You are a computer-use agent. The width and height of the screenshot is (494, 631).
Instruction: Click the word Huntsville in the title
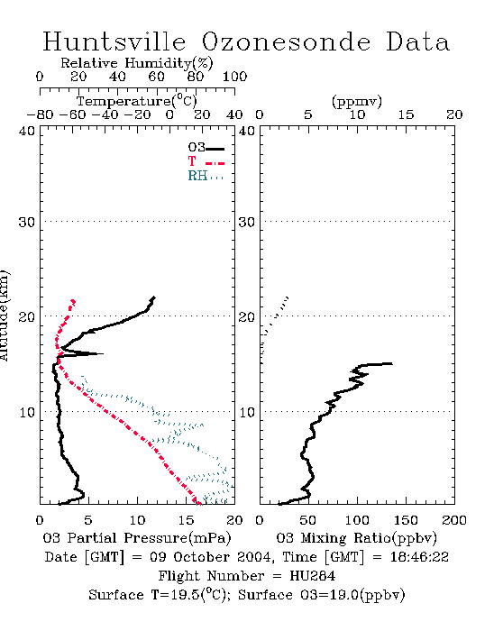[x=114, y=41]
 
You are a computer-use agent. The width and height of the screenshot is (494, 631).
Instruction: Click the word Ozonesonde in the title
[x=286, y=41]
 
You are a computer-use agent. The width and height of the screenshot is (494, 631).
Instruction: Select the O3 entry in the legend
[x=206, y=148]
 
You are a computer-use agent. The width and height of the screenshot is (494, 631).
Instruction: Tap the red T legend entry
[x=206, y=161]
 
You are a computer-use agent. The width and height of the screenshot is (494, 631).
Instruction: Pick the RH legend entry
[x=206, y=176]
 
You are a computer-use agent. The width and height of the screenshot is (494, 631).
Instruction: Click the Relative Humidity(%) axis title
[x=137, y=63]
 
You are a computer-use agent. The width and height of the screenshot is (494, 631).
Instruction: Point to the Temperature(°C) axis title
[x=137, y=101]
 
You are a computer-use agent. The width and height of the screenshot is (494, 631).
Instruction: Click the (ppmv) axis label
[x=357, y=101]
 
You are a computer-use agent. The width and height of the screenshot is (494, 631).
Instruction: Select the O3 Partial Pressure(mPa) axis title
[x=137, y=538]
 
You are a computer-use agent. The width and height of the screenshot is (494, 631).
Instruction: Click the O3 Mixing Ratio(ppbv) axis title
[x=356, y=538]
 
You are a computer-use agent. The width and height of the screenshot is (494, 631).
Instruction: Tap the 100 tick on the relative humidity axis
[x=234, y=77]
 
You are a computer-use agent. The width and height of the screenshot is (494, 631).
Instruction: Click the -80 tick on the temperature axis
[x=40, y=114]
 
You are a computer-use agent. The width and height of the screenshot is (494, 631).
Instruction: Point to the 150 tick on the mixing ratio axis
[x=406, y=520]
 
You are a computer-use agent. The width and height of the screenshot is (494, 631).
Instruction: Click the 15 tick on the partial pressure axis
[x=186, y=520]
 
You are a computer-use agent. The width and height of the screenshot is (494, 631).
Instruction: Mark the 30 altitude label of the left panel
[x=26, y=222]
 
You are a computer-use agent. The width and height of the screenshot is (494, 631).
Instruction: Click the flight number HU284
[x=313, y=576]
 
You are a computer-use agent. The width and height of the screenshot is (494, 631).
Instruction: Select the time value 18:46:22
[x=419, y=557]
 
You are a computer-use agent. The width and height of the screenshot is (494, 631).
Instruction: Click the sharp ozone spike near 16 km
[x=102, y=353]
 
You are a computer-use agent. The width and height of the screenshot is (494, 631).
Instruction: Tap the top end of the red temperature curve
[x=73, y=300]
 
